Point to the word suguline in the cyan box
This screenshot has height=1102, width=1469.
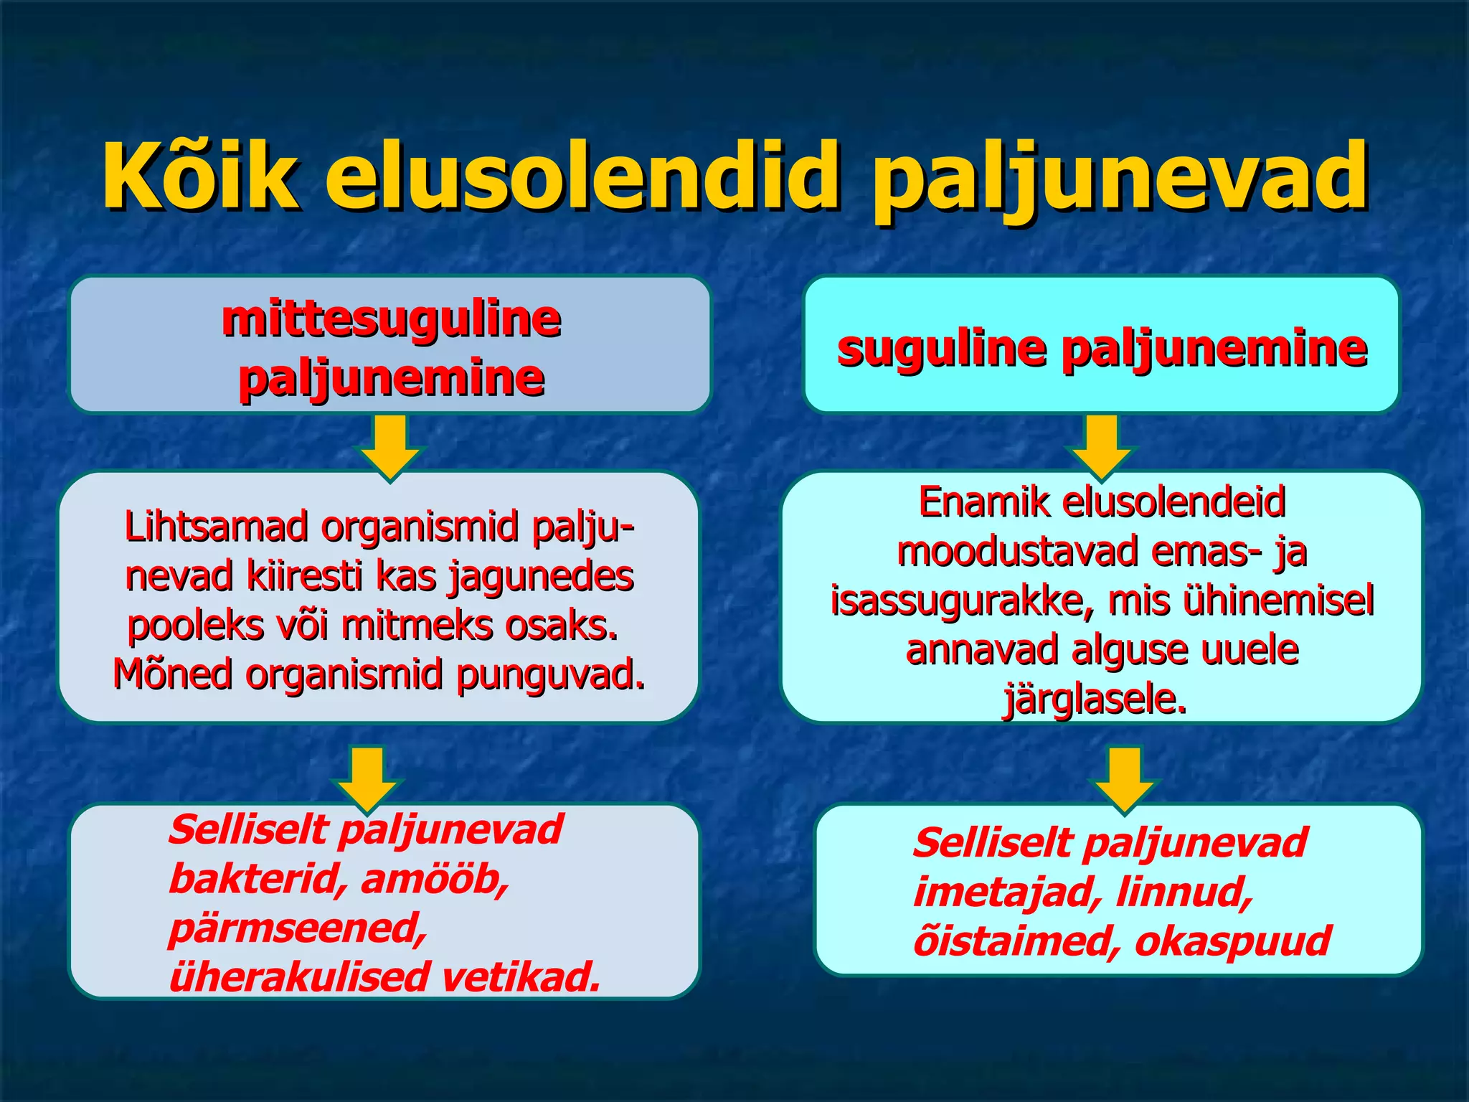943,349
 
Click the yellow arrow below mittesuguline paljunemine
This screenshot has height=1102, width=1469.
390,445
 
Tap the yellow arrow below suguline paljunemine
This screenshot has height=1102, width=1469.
1102,445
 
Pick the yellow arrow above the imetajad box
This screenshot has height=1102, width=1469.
1124,778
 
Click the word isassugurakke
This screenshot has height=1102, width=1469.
962,601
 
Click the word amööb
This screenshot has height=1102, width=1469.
435,879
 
